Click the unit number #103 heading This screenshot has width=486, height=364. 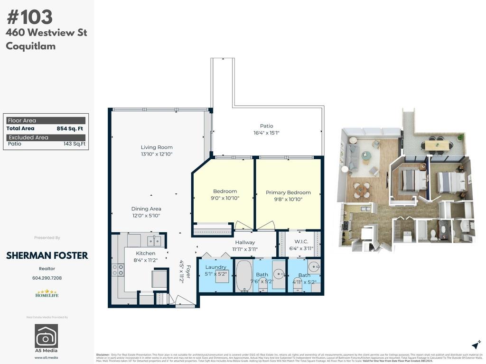click(x=29, y=17)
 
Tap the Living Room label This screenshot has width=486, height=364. click(x=157, y=147)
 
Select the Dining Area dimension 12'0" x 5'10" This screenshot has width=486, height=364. click(x=146, y=216)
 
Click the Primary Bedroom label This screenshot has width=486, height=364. click(x=288, y=192)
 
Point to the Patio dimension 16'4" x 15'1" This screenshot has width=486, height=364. click(x=266, y=133)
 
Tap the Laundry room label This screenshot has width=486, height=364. click(x=215, y=267)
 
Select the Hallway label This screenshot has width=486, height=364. click(x=245, y=243)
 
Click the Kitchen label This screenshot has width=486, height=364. click(x=145, y=254)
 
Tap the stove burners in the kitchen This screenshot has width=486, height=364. click(x=118, y=270)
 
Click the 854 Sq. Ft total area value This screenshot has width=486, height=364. click(x=70, y=128)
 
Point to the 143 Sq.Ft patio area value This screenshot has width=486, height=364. click(x=75, y=144)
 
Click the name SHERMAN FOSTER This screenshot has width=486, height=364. click(x=47, y=255)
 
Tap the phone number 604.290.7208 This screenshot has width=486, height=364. click(x=47, y=278)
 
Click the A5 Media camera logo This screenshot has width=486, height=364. click(x=47, y=336)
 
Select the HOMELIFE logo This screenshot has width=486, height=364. click(x=47, y=294)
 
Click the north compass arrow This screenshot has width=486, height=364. click(x=476, y=345)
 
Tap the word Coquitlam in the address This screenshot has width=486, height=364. click(x=31, y=46)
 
